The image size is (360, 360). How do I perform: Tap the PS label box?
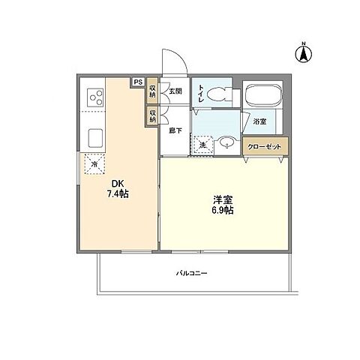coord(137,83)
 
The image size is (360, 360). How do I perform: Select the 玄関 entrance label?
coord(175,91)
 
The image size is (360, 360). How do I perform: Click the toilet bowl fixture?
coord(220,94)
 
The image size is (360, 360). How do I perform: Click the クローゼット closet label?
coord(265,146)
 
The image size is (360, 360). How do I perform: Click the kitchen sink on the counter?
coord(96,139)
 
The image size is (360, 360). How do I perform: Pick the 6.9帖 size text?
coord(221,211)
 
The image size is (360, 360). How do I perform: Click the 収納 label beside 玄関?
coord(152,90)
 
